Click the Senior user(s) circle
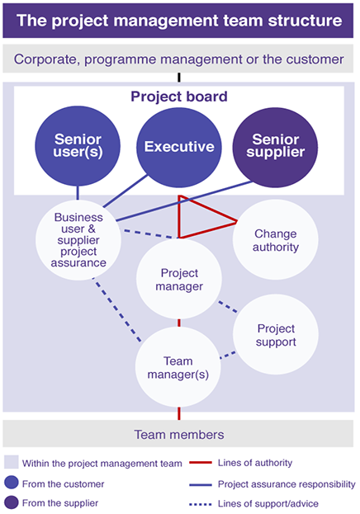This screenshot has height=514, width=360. click(78, 146)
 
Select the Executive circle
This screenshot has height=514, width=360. click(179, 147)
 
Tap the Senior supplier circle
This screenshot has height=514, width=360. click(275, 147)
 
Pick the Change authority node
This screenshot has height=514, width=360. click(275, 239)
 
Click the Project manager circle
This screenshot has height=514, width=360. click(179, 280)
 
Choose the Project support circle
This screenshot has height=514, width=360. click(276, 334)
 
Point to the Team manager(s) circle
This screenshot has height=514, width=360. click(178, 367)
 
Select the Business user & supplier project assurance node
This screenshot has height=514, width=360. click(78, 240)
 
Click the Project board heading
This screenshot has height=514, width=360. click(179, 97)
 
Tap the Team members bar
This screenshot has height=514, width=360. click(178, 434)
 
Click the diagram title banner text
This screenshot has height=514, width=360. click(179, 21)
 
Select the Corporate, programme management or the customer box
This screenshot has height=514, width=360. click(178, 59)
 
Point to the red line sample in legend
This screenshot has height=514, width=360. click(201, 463)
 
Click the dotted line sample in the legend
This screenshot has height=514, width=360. click(201, 504)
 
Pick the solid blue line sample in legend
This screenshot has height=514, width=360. click(201, 484)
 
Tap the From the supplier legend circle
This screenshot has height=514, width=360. click(12, 502)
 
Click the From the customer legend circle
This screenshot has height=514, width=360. click(12, 483)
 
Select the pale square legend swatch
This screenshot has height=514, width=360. click(12, 462)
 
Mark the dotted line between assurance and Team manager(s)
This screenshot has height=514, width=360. click(117, 310)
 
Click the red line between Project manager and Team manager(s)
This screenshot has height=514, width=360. click(179, 323)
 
